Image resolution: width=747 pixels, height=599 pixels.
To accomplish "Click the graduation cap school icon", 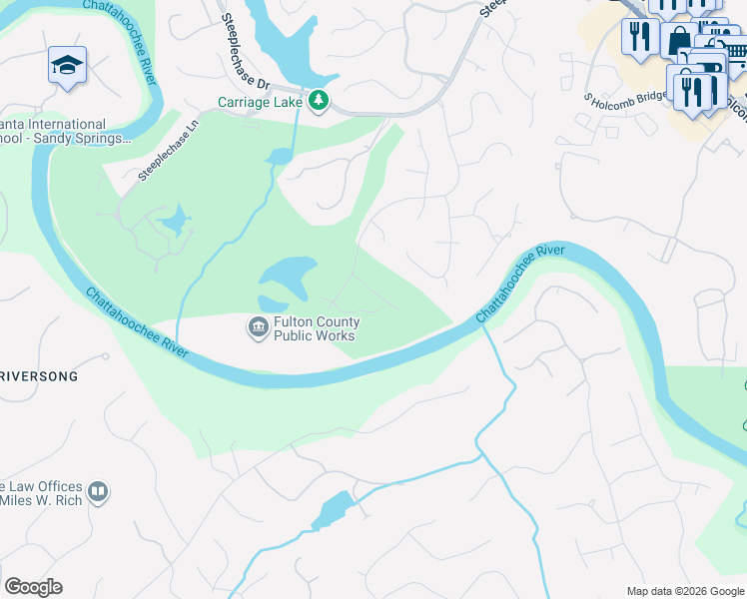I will pos(67,66).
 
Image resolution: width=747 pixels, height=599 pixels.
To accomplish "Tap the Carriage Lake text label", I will pos(262,101).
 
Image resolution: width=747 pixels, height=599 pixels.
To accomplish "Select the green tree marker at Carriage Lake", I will pos(319,101).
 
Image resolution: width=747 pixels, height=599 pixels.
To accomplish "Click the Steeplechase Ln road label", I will pos(169,158).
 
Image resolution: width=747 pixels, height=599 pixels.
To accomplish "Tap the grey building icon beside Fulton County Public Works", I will pos(258,326).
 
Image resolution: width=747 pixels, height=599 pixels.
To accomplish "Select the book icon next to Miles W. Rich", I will pos(99,491).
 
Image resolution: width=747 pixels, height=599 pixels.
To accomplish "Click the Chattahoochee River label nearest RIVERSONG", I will pos(137,323).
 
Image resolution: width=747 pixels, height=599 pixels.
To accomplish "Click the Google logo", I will pos(33,587).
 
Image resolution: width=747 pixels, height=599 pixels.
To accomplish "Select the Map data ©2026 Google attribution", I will pos(685,591).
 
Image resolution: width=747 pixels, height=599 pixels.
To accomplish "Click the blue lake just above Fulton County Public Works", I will pos(290,276).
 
